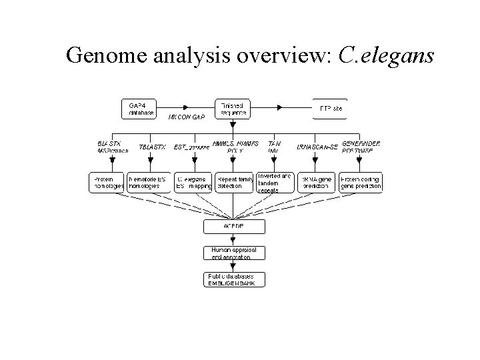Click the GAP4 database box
pyautogui.click(x=139, y=109)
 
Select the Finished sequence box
pyautogui.click(x=233, y=109)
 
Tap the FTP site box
pyautogui.click(x=329, y=109)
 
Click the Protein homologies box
pyautogui.click(x=107, y=183)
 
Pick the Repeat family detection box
pyautogui.click(x=233, y=183)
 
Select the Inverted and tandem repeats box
pyautogui.click(x=274, y=183)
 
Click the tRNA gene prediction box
pyautogui.click(x=315, y=183)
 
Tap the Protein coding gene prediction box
pyautogui.click(x=361, y=183)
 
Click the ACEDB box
pyautogui.click(x=234, y=227)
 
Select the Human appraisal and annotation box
pyautogui.click(x=234, y=253)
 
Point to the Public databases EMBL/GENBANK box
pyautogui.click(x=234, y=279)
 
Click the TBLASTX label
pyautogui.click(x=152, y=147)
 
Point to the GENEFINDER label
pyautogui.click(x=361, y=143)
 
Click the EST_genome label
pyautogui.click(x=191, y=147)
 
